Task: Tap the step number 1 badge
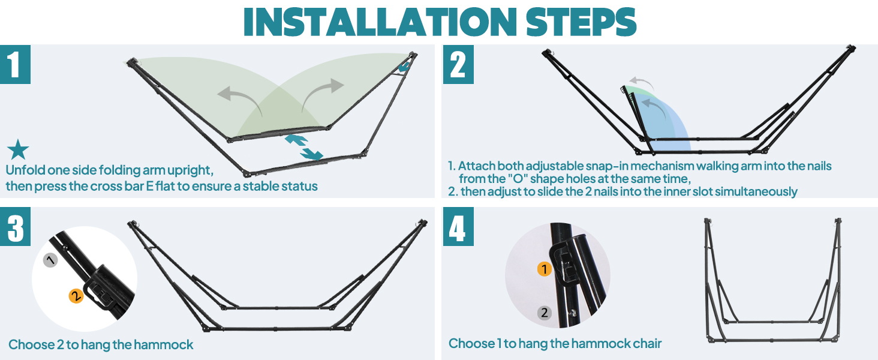tap(15, 64)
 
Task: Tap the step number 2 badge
tap(458, 64)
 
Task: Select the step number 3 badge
tap(15, 227)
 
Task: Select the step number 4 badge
tap(458, 227)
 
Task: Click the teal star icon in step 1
tap(18, 150)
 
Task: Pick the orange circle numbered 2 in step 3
tap(76, 296)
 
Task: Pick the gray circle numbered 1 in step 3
tap(50, 260)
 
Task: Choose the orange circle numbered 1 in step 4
tap(544, 269)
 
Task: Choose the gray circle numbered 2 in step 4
tap(544, 313)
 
